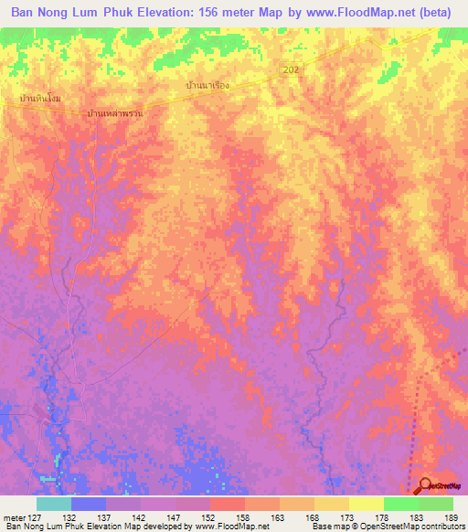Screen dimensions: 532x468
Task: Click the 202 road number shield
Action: coord(292,69)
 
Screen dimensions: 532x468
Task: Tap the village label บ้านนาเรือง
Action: coord(207,85)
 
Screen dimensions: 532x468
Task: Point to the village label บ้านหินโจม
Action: coord(38,97)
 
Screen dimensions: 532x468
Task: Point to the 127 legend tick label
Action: coord(36,517)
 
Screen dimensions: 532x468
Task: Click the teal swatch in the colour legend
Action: coord(54,504)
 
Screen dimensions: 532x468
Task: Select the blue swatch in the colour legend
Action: coord(89,504)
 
